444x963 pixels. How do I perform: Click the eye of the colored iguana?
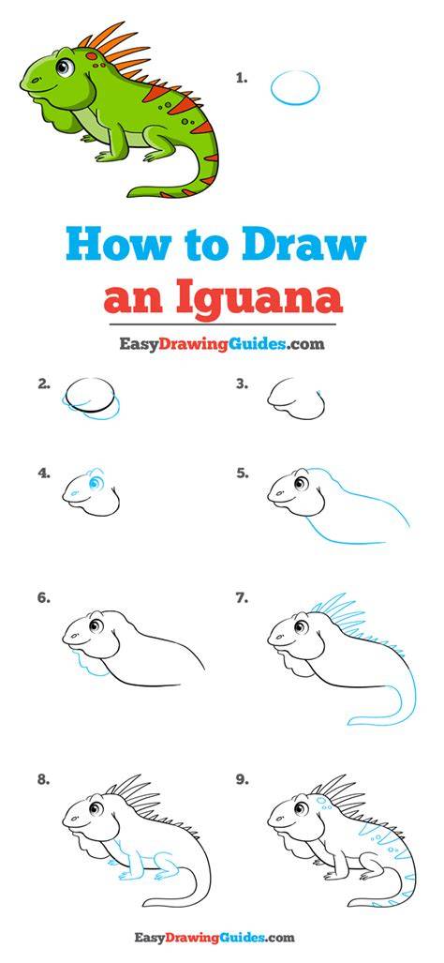pyautogui.click(x=65, y=66)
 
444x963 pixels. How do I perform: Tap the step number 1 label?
pyautogui.click(x=242, y=78)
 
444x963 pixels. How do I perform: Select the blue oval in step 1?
pyautogui.click(x=295, y=88)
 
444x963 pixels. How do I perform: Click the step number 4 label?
pyautogui.click(x=43, y=474)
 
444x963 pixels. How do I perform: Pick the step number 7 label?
pyautogui.click(x=243, y=597)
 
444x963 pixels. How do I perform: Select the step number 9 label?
pyautogui.click(x=243, y=780)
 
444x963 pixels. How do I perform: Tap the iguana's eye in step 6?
pyautogui.click(x=96, y=625)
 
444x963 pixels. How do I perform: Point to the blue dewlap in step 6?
pyautogui.click(x=89, y=662)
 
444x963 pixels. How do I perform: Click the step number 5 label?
pyautogui.click(x=243, y=474)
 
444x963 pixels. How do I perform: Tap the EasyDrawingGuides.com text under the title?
pyautogui.click(x=222, y=344)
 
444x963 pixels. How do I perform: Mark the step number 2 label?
pyautogui.click(x=43, y=384)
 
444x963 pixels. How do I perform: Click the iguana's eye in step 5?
pyautogui.click(x=301, y=483)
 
